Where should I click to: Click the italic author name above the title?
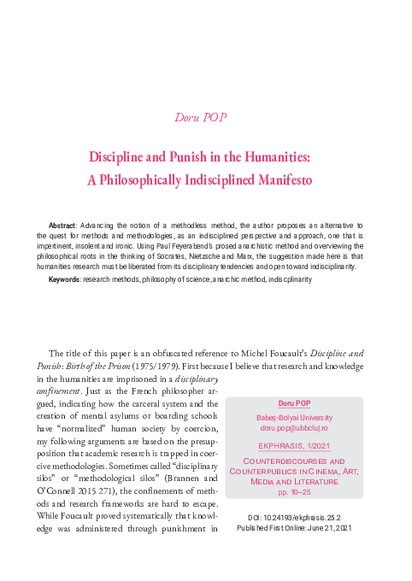click(206, 117)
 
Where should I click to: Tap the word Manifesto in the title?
click(278, 180)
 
